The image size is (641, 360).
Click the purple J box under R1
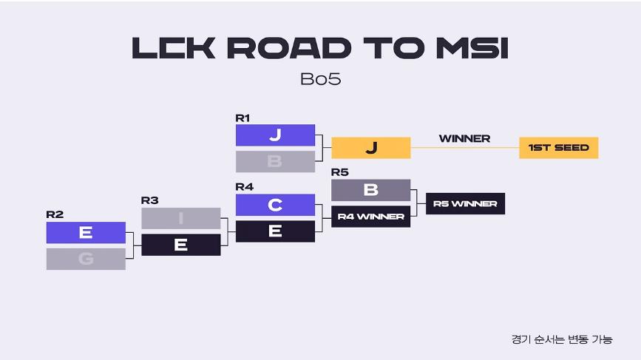click(x=275, y=135)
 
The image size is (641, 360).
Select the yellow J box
click(x=370, y=148)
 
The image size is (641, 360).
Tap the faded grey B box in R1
click(x=275, y=161)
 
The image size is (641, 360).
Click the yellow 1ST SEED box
click(x=558, y=148)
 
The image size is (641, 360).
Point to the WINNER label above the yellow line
click(x=464, y=138)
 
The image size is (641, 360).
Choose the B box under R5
click(x=370, y=190)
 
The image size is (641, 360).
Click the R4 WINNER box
click(x=370, y=217)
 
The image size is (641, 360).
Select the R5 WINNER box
click(x=465, y=203)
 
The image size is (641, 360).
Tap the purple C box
click(x=275, y=205)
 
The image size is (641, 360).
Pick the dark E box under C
click(x=275, y=231)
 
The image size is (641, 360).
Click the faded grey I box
click(x=180, y=218)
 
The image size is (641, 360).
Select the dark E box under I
click(x=180, y=245)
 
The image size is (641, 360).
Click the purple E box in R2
click(x=86, y=232)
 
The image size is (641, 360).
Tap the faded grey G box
click(x=86, y=259)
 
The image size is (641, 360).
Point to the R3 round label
click(x=149, y=200)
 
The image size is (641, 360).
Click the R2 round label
click(x=55, y=214)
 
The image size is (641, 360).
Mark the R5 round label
click(x=339, y=172)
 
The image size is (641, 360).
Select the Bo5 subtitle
click(x=320, y=79)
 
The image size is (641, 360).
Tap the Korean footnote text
click(x=561, y=339)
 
